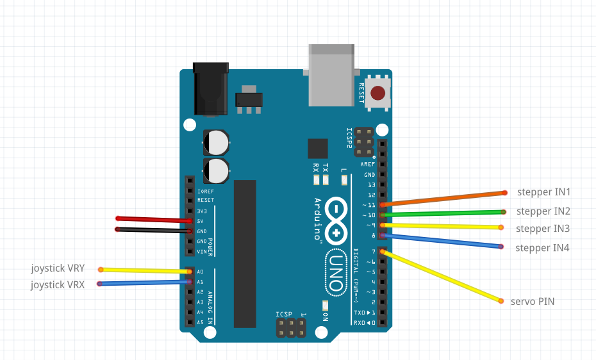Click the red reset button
pyautogui.click(x=378, y=94)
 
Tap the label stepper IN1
pyautogui.click(x=543, y=192)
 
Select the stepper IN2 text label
pyautogui.click(x=543, y=211)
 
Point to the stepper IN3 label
pyautogui.click(x=542, y=229)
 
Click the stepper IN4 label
pyautogui.click(x=542, y=248)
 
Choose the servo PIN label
pyautogui.click(x=533, y=301)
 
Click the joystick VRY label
pyautogui.click(x=58, y=268)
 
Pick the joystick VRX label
pyautogui.click(x=58, y=285)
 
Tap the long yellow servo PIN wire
pyautogui.click(x=442, y=276)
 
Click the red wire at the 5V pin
pyautogui.click(x=154, y=220)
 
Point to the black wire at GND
pyautogui.click(x=154, y=229)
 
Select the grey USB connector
pyautogui.click(x=331, y=74)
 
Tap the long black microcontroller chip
pyautogui.click(x=245, y=254)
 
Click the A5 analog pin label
pyautogui.click(x=200, y=322)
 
